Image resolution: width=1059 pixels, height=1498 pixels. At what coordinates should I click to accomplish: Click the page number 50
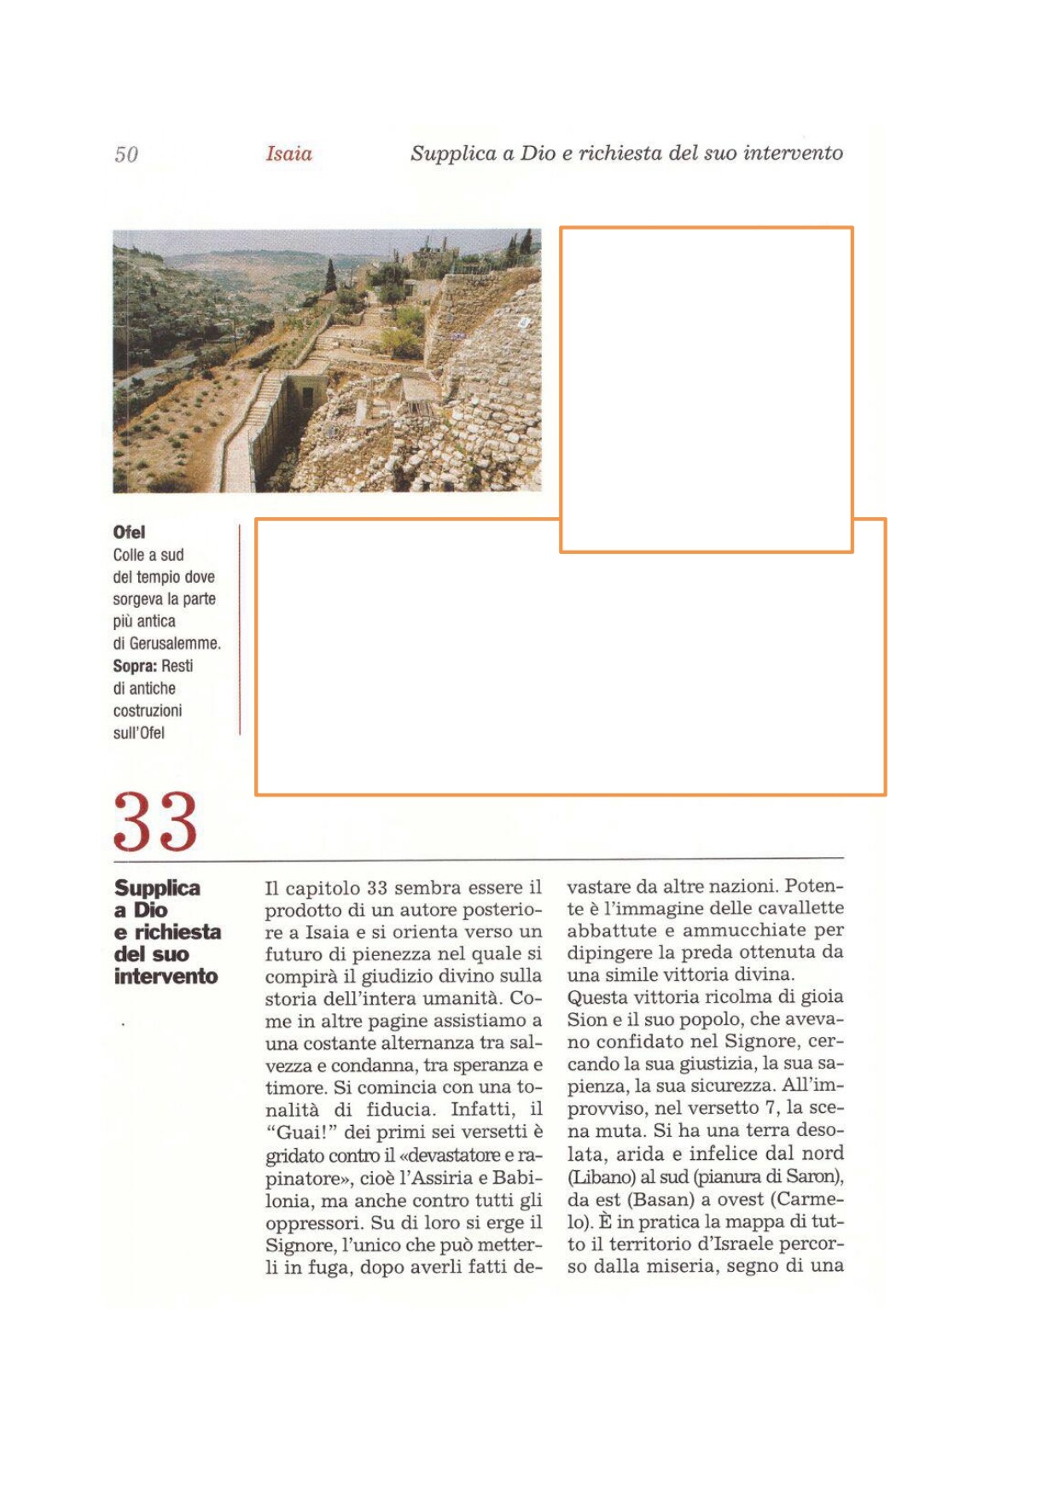pyautogui.click(x=126, y=154)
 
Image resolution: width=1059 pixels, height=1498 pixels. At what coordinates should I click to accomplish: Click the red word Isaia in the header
pyautogui.click(x=288, y=154)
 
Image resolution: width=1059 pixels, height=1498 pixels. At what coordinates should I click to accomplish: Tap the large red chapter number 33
pyautogui.click(x=155, y=821)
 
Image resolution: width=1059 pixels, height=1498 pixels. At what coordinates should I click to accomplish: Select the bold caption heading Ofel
pyautogui.click(x=129, y=533)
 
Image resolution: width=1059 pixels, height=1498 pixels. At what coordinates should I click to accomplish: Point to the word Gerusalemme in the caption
pyautogui.click(x=175, y=644)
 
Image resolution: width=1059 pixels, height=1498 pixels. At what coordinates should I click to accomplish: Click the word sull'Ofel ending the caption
pyautogui.click(x=139, y=732)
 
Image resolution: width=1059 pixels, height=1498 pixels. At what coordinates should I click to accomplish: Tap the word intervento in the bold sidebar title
pyautogui.click(x=166, y=976)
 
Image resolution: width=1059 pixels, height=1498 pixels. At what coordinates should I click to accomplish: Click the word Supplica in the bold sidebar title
pyautogui.click(x=157, y=888)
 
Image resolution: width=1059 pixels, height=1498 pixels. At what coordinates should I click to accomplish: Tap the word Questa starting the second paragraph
pyautogui.click(x=597, y=997)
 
